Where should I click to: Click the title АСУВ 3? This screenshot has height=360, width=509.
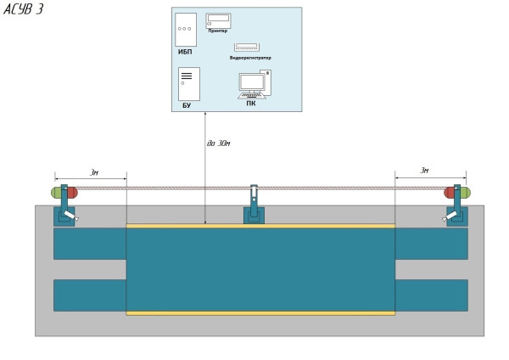pos(23,9)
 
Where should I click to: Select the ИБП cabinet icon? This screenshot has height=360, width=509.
pos(185,29)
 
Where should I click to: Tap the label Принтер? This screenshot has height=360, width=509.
pos(217,31)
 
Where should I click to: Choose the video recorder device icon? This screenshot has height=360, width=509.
pos(247,48)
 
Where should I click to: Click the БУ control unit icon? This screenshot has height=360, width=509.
pos(188,83)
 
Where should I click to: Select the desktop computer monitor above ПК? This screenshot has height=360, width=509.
pos(252,84)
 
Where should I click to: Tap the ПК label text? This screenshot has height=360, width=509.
pos(250,104)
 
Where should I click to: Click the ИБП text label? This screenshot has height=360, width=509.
pos(185,52)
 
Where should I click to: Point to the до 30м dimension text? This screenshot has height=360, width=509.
pos(218,143)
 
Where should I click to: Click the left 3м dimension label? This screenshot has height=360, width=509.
pos(93,172)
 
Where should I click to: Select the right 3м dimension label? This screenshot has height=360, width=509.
pos(424,171)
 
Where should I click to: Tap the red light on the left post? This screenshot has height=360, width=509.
pos(72,193)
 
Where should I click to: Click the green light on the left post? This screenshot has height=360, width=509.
pos(56,193)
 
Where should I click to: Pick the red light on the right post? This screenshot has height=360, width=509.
pos(450,193)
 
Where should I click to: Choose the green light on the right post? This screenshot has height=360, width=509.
pos(465,193)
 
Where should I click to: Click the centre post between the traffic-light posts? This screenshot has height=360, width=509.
pos(254,204)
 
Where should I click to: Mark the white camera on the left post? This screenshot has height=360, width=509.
pos(70,216)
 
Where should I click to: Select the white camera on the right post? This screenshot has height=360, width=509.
pos(450,216)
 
